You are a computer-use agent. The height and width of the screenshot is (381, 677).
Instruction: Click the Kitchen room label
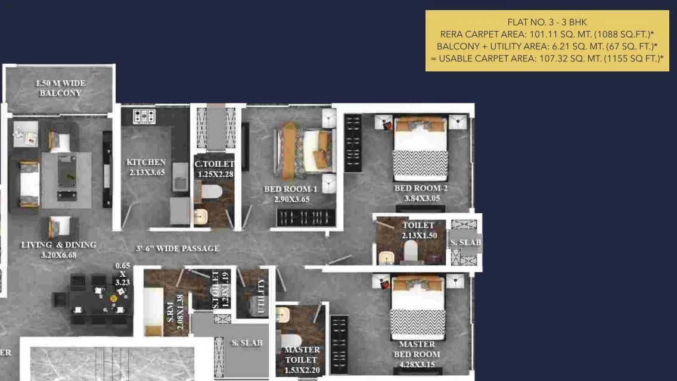(146, 162)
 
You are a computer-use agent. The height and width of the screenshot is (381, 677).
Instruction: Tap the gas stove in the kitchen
(144, 116)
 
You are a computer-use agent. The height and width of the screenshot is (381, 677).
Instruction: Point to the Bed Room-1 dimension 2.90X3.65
(291, 199)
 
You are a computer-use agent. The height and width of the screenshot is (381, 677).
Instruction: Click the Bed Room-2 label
(421, 188)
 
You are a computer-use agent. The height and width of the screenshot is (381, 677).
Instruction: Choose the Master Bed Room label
(417, 349)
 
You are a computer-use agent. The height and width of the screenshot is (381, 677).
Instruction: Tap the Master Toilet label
(302, 354)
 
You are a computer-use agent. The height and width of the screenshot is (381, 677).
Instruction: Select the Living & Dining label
(58, 245)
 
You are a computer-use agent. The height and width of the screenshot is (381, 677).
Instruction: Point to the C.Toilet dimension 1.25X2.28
(216, 174)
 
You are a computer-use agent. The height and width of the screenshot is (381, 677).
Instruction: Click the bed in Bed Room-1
(305, 151)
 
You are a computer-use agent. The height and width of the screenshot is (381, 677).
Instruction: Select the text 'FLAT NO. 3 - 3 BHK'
(547, 22)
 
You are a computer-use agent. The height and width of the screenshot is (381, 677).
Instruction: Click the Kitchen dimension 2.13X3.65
(146, 173)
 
